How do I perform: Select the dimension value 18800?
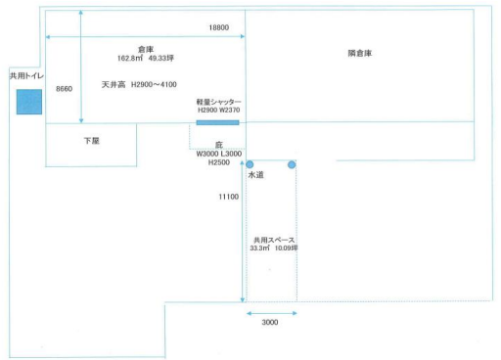pyautogui.click(x=219, y=28)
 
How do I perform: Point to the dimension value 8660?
pyautogui.click(x=65, y=88)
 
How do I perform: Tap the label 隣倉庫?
pyautogui.click(x=360, y=53)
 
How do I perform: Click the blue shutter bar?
pyautogui.click(x=217, y=122)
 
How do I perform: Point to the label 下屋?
pyautogui.click(x=92, y=141)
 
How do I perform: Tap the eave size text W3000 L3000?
pyautogui.click(x=219, y=155)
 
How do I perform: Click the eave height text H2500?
pyautogui.click(x=219, y=164)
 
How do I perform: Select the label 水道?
pyautogui.click(x=255, y=175)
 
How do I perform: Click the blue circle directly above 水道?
pyautogui.click(x=250, y=164)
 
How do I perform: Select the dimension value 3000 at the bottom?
pyautogui.click(x=270, y=323)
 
